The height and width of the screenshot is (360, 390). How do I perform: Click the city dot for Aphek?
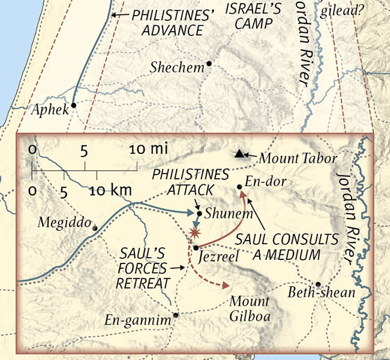pos(73,105)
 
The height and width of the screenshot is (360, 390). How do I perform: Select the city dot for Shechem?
pos(209,64)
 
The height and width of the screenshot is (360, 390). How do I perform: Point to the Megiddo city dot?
pos(95,227)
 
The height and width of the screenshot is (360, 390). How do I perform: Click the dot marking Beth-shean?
pos(318,284)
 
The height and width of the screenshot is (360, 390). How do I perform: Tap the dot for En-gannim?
pos(175,315)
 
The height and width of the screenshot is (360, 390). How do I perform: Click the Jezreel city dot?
pos(196,247)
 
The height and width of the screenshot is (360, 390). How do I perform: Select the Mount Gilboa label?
pos(250,307)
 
